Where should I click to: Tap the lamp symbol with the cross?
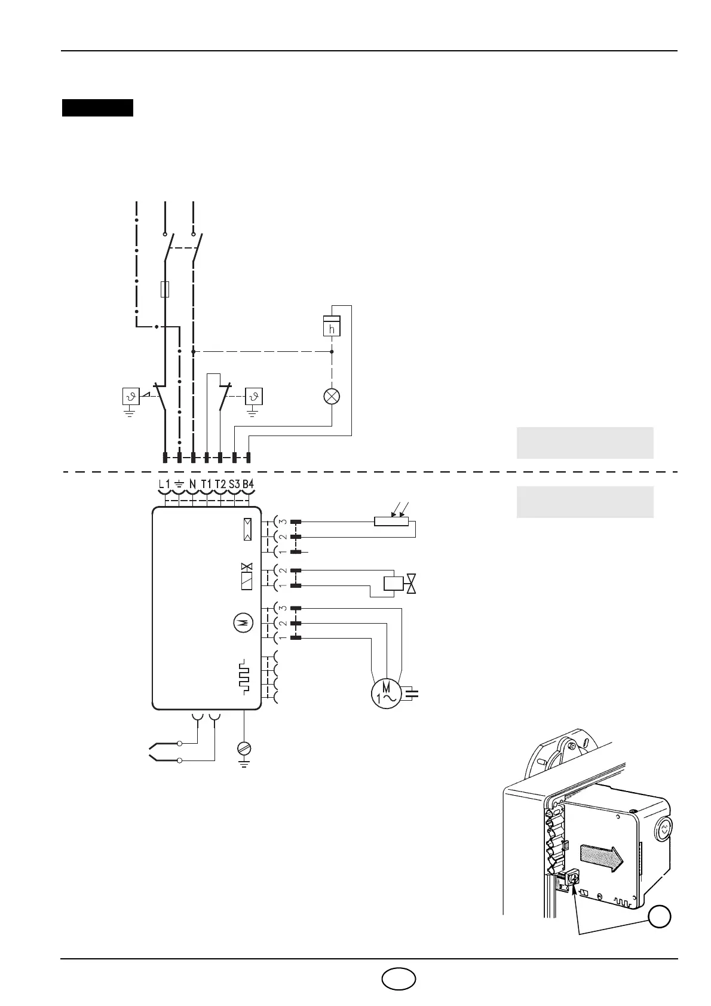332,396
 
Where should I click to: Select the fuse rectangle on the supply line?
166,290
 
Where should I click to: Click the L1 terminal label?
165,483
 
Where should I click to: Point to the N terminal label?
192,483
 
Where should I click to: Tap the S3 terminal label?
234,483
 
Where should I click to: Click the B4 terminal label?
248,483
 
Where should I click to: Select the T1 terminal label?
206,483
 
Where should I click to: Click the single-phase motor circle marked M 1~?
385,694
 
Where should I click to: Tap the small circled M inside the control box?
243,623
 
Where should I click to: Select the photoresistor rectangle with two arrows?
391,521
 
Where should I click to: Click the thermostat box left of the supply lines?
131,396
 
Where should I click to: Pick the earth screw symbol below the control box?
244,748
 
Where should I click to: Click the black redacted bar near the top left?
97,108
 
